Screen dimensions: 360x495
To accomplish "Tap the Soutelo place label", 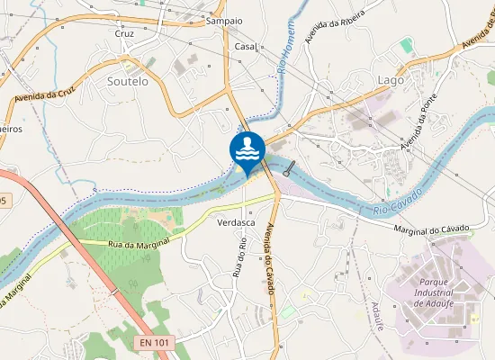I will pyautogui.click(x=127, y=81).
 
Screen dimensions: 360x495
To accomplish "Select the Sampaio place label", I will pyautogui.click(x=224, y=20).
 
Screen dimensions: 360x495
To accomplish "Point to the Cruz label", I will pyautogui.click(x=125, y=34).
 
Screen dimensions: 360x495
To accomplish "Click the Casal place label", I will pyautogui.click(x=245, y=46).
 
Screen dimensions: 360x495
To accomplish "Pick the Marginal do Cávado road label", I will pyautogui.click(x=432, y=230).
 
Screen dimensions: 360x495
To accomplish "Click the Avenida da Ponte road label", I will pyautogui.click(x=418, y=121).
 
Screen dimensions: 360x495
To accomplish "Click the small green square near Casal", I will pyautogui.click(x=406, y=44).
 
